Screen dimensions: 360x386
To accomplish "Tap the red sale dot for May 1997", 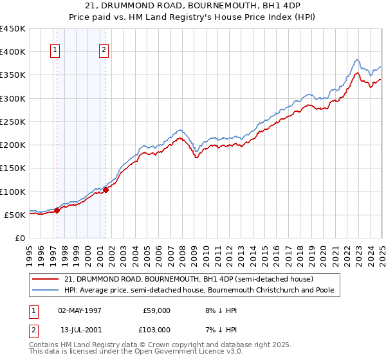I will [57, 210].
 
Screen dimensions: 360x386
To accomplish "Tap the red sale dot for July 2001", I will [106, 190].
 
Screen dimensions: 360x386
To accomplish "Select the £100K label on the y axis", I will [13, 192].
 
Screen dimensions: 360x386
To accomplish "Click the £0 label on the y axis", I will [19, 238].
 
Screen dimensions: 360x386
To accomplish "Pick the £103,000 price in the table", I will [156, 329].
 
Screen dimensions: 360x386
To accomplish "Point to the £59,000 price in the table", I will [156, 310].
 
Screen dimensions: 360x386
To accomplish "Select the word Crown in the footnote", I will [163, 344].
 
